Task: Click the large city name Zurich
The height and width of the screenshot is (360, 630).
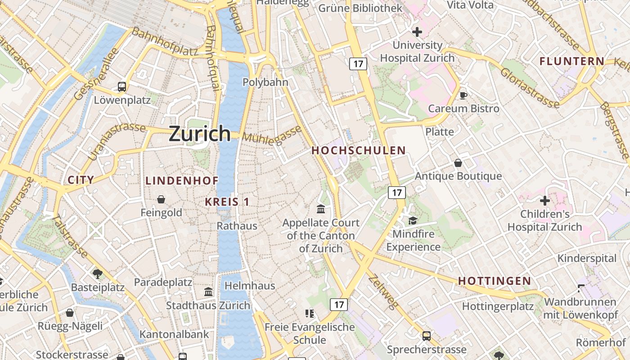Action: click(x=199, y=134)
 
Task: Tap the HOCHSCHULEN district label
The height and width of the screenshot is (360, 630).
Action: click(x=359, y=151)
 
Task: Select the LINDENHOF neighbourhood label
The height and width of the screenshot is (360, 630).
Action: click(x=182, y=181)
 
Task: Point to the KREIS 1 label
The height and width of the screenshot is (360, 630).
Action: click(x=227, y=202)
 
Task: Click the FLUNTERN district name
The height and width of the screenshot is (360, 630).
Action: click(x=572, y=61)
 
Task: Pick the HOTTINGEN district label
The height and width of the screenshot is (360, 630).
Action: click(x=495, y=281)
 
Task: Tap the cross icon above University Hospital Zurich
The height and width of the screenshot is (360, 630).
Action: click(x=417, y=32)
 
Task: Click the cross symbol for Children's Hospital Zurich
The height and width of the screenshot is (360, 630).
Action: click(x=545, y=201)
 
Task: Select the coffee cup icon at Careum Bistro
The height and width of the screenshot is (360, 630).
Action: click(x=463, y=95)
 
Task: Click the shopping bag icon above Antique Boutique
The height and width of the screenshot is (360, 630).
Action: click(x=458, y=163)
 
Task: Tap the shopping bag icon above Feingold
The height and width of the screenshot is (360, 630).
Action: click(x=161, y=199)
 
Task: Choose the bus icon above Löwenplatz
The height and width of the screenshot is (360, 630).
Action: click(x=122, y=86)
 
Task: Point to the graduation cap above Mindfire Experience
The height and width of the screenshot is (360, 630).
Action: click(x=413, y=220)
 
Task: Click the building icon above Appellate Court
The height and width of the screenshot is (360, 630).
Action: click(x=321, y=209)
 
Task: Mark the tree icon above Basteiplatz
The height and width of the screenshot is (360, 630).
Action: click(x=97, y=274)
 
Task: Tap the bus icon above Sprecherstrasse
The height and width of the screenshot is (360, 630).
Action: click(x=426, y=336)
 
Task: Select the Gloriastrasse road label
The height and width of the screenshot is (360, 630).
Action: click(x=530, y=88)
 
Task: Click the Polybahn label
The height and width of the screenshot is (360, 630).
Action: click(x=265, y=82)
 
